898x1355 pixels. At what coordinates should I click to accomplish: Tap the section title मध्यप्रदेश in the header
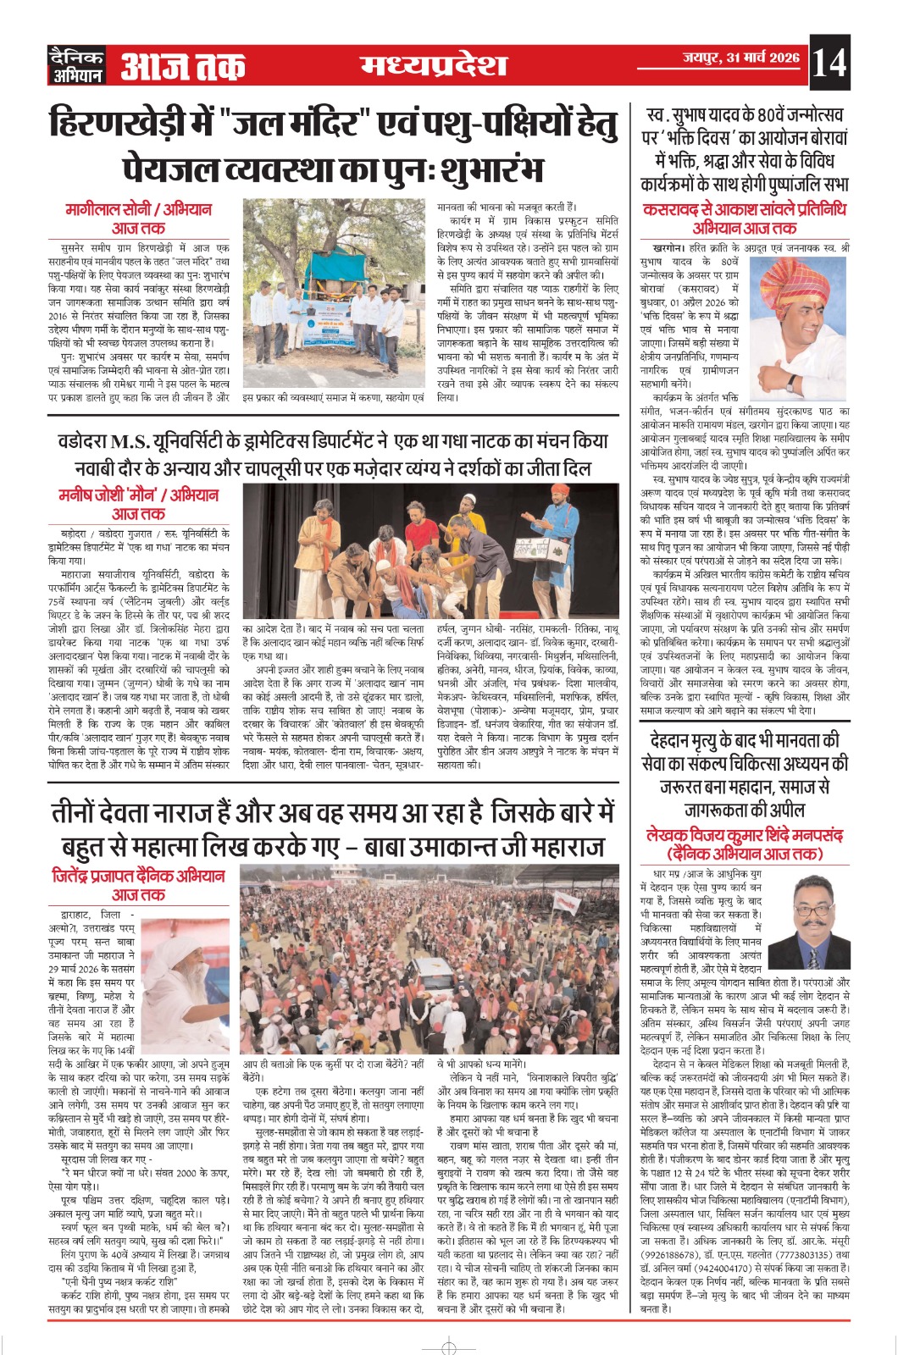(x=434, y=64)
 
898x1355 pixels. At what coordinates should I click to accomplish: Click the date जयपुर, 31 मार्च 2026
(x=741, y=58)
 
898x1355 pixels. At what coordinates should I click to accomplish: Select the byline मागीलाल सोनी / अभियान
(x=138, y=209)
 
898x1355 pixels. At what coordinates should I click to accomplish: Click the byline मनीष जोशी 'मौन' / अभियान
(x=138, y=495)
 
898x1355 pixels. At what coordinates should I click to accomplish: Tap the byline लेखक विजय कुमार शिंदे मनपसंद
(x=744, y=834)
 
